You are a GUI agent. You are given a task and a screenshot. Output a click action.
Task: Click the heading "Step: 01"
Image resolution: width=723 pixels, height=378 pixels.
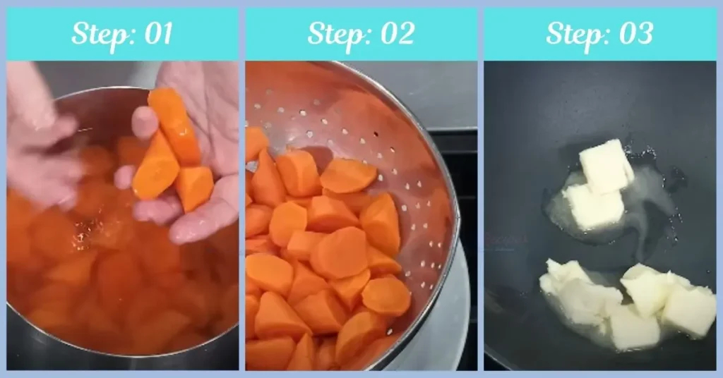(x=122, y=34)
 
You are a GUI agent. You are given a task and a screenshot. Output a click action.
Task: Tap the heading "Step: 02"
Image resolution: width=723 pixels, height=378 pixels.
(x=361, y=34)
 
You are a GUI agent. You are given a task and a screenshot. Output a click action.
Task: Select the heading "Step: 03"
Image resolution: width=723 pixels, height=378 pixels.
(x=599, y=34)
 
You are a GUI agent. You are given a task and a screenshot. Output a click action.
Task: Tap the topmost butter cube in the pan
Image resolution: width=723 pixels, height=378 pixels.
(x=606, y=165)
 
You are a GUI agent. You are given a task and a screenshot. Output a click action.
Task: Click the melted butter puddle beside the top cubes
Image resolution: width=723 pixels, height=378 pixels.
(x=650, y=205)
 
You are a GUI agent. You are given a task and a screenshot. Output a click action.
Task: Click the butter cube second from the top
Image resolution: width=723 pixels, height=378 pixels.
(x=594, y=207)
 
